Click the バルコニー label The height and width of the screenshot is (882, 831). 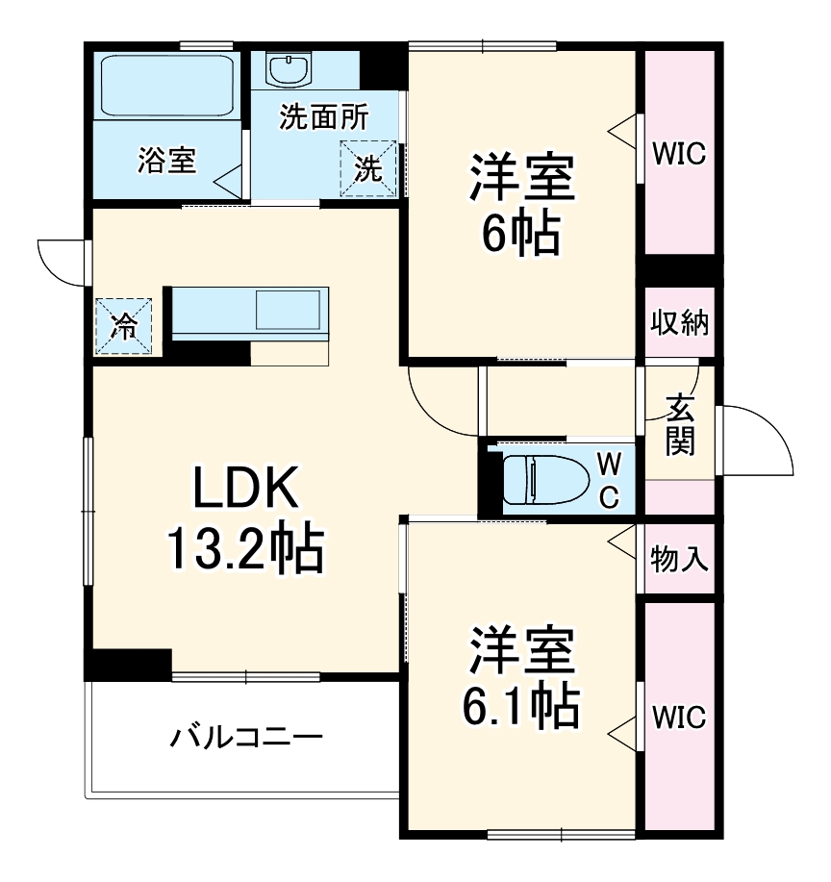pyautogui.click(x=246, y=739)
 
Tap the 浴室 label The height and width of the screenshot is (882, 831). pyautogui.click(x=165, y=160)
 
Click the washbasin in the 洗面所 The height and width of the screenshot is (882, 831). pyautogui.click(x=286, y=68)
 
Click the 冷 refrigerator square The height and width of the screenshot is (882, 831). pyautogui.click(x=123, y=325)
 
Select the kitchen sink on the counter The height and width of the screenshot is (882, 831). pyautogui.click(x=288, y=311)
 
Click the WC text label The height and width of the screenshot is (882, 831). pyautogui.click(x=609, y=480)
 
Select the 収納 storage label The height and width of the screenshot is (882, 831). pyautogui.click(x=680, y=323)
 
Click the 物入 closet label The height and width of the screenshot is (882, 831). pyautogui.click(x=680, y=559)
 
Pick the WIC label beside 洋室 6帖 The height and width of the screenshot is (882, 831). pyautogui.click(x=679, y=152)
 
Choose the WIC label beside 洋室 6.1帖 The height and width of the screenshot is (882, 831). pyautogui.click(x=679, y=717)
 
